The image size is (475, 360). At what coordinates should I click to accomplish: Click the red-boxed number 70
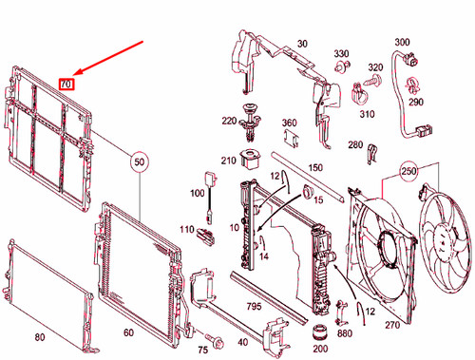coord(66,85)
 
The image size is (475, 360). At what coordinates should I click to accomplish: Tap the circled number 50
coord(140,162)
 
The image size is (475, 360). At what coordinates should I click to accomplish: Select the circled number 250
coord(408,171)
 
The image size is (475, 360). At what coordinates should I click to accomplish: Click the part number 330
coord(341,54)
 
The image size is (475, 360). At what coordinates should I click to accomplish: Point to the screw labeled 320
coord(372,80)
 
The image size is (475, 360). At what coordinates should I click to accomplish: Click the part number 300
coord(402,42)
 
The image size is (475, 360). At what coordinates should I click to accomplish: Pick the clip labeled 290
coord(412,85)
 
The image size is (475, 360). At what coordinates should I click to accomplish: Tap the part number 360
coord(290,123)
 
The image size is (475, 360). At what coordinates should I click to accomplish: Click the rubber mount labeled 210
coord(251,159)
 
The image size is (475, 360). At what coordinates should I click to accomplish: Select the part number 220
coord(229,121)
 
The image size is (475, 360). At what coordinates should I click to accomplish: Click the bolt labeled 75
coord(215,340)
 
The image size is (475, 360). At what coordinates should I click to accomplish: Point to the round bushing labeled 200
coord(319,332)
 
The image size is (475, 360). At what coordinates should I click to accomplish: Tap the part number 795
coord(254,306)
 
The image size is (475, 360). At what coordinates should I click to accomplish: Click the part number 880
coord(345,333)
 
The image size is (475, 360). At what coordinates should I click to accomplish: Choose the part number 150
coord(315,167)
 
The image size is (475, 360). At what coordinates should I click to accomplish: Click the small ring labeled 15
coord(307,191)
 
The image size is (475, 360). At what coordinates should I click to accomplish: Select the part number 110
coord(187,229)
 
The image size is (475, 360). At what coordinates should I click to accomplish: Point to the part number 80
coord(40,337)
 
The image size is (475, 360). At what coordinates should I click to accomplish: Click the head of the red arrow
coord(75,74)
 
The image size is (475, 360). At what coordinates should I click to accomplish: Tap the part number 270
coord(392,325)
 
